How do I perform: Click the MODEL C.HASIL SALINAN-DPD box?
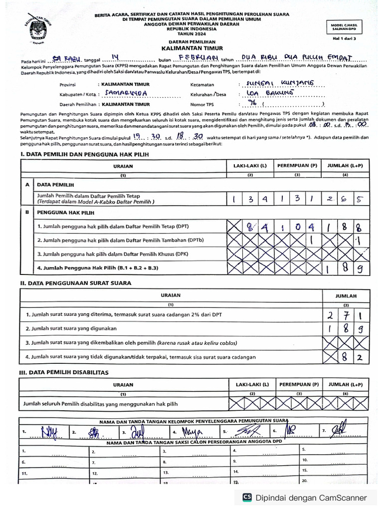[x=347, y=27]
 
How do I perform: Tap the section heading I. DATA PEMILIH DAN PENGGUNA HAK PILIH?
[x=84, y=155]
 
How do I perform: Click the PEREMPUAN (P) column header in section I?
[x=297, y=165]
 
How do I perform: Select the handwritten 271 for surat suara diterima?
[x=345, y=315]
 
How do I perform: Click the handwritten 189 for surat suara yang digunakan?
[x=345, y=329]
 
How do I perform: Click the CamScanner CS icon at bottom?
[x=246, y=498]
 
